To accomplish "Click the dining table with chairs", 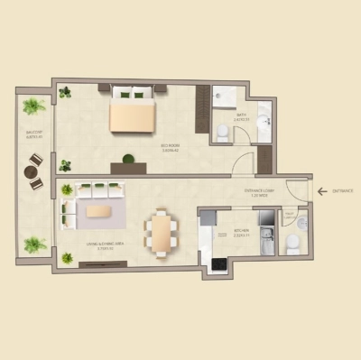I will (x=162, y=233).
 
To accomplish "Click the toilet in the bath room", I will (x=222, y=132).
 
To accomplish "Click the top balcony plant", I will (x=33, y=106).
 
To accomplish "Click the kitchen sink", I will (x=267, y=241).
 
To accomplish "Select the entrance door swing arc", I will (x=296, y=191).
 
